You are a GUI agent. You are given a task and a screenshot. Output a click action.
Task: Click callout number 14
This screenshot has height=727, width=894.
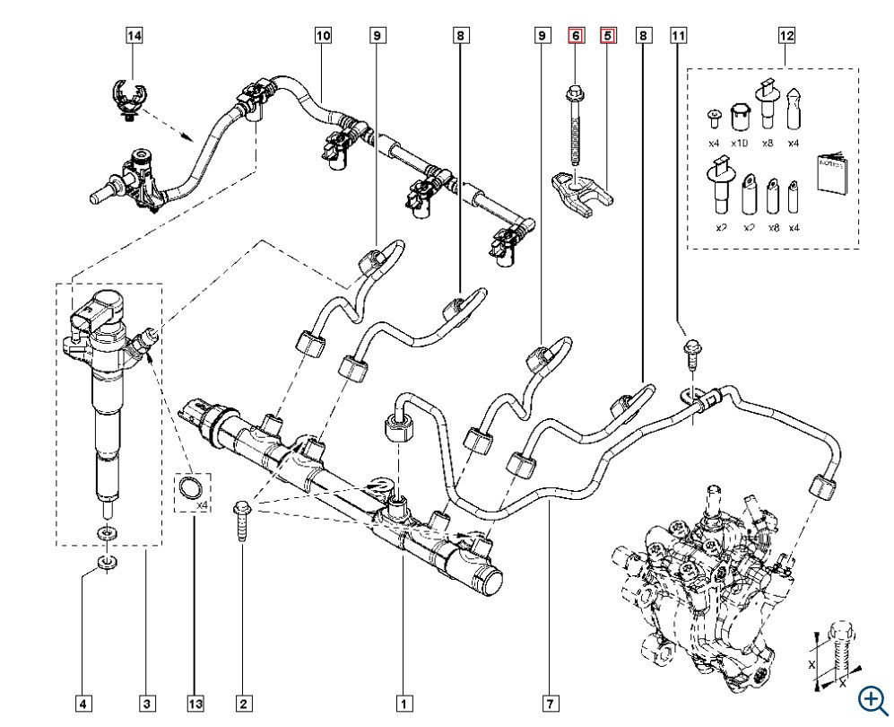coord(134,36)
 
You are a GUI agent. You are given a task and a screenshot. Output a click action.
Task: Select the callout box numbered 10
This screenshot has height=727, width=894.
coord(323,36)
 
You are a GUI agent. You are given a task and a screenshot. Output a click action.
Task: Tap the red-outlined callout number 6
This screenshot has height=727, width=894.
coord(576,36)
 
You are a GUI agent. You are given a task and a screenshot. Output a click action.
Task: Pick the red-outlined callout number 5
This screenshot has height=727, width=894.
coord(609,36)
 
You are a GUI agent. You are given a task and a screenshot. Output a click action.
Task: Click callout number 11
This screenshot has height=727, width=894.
coord(679,36)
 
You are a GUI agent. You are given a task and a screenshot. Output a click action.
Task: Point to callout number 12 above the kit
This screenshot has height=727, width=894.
coord(786,36)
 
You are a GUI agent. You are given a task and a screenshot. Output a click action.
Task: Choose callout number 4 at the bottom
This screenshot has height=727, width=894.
coord(83,702)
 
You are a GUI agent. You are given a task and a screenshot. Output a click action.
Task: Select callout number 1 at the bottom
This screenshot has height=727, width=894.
coord(404,702)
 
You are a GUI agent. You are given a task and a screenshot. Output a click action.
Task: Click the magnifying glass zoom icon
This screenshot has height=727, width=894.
coord(871,699)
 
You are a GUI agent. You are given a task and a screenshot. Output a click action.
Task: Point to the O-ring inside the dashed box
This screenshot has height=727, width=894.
coord(189,489)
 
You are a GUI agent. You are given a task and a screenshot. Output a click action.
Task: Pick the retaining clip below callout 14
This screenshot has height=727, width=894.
coord(131,100)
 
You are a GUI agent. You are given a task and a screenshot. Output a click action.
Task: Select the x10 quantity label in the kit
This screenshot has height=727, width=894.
coord(740,144)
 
